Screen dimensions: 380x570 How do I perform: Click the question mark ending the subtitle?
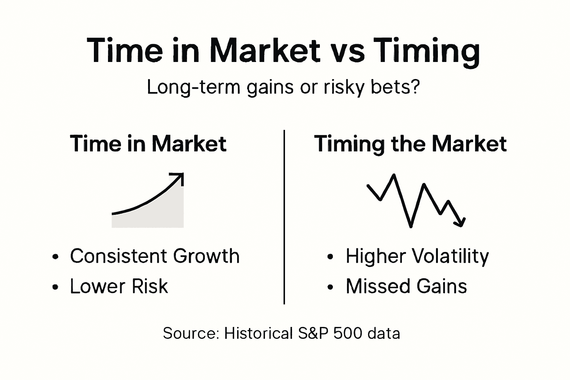click(415, 87)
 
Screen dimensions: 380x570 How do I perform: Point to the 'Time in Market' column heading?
click(148, 144)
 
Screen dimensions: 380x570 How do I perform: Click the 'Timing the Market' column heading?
click(410, 144)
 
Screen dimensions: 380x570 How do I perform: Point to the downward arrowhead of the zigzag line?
click(461, 222)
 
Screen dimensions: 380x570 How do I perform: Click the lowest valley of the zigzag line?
click(410, 226)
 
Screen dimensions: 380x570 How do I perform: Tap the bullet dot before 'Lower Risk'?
click(56, 287)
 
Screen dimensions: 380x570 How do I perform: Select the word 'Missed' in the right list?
click(378, 286)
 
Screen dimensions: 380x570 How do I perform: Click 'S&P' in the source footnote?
click(314, 333)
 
